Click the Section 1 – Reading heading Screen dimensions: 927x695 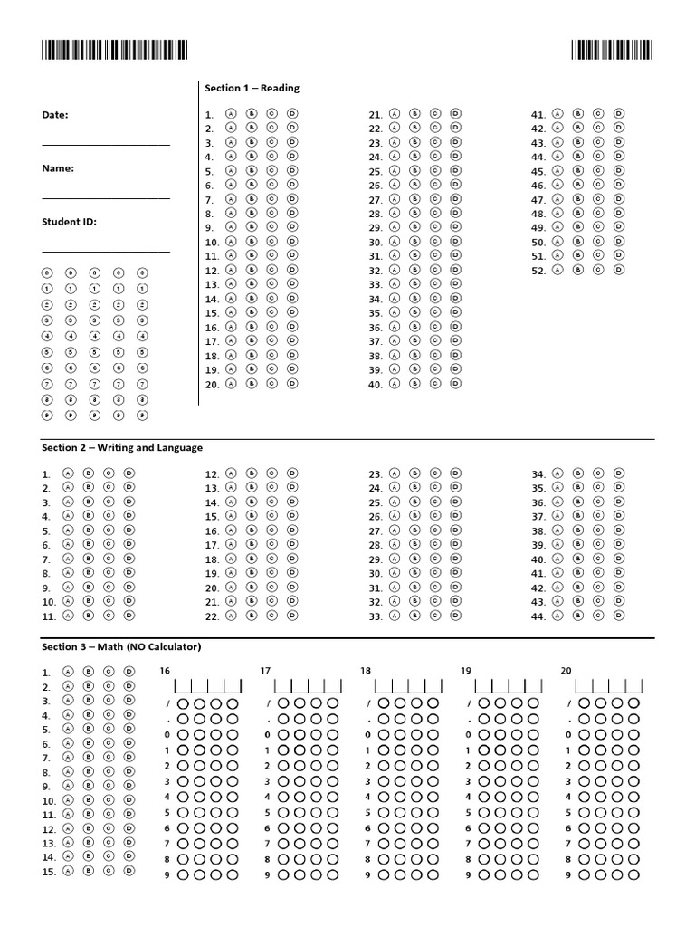tap(252, 88)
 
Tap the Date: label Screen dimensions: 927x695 tap(55, 115)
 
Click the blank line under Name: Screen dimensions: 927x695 tap(105, 197)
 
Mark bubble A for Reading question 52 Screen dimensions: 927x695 tap(557, 269)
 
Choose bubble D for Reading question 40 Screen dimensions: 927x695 tap(455, 384)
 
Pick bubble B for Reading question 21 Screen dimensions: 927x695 tap(414, 114)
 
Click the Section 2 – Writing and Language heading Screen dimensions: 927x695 tap(122, 447)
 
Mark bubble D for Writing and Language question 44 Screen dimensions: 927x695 tap(619, 615)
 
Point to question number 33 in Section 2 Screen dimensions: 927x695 tap(376, 616)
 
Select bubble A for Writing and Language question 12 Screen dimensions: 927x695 tap(230, 473)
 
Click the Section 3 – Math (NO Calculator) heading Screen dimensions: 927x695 tap(121, 646)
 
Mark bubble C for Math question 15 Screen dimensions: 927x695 tap(108, 871)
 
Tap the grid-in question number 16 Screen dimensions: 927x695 tap(165, 671)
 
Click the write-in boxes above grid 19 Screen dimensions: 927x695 tap(509, 686)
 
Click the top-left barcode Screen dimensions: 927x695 tap(114, 51)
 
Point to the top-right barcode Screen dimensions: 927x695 tap(612, 51)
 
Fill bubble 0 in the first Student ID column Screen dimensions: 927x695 tap(47, 272)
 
